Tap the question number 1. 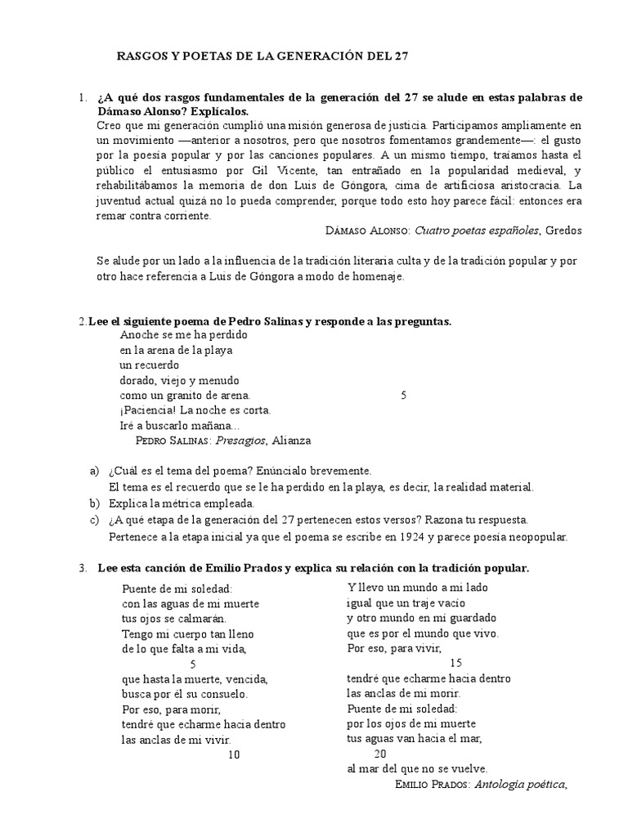83,97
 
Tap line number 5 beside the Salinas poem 403,396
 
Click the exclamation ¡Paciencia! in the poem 146,410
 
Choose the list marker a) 93,471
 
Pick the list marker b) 93,503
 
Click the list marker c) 93,519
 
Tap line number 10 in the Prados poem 234,754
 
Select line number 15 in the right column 455,663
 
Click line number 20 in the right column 379,754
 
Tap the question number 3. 83,568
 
